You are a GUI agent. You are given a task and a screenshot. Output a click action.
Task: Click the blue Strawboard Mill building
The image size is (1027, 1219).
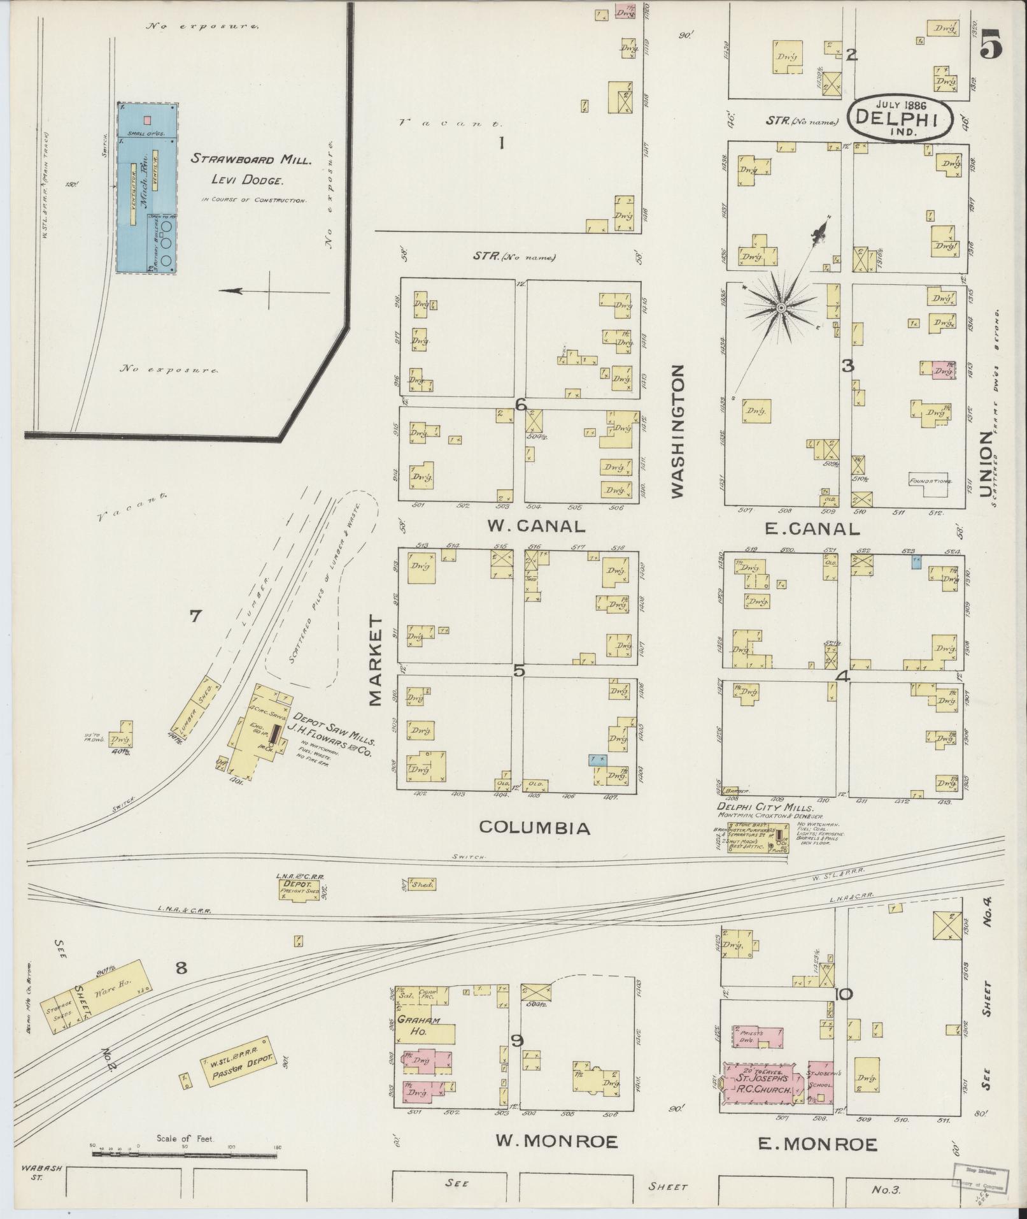[x=147, y=188]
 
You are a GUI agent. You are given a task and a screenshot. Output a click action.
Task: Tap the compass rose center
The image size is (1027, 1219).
[x=780, y=308]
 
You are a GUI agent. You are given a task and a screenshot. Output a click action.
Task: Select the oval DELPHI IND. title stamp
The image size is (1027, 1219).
[x=900, y=118]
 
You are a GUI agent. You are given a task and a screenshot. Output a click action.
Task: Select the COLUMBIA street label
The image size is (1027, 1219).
[x=534, y=828]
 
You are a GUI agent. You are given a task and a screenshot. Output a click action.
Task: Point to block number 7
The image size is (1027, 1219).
[x=195, y=616]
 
